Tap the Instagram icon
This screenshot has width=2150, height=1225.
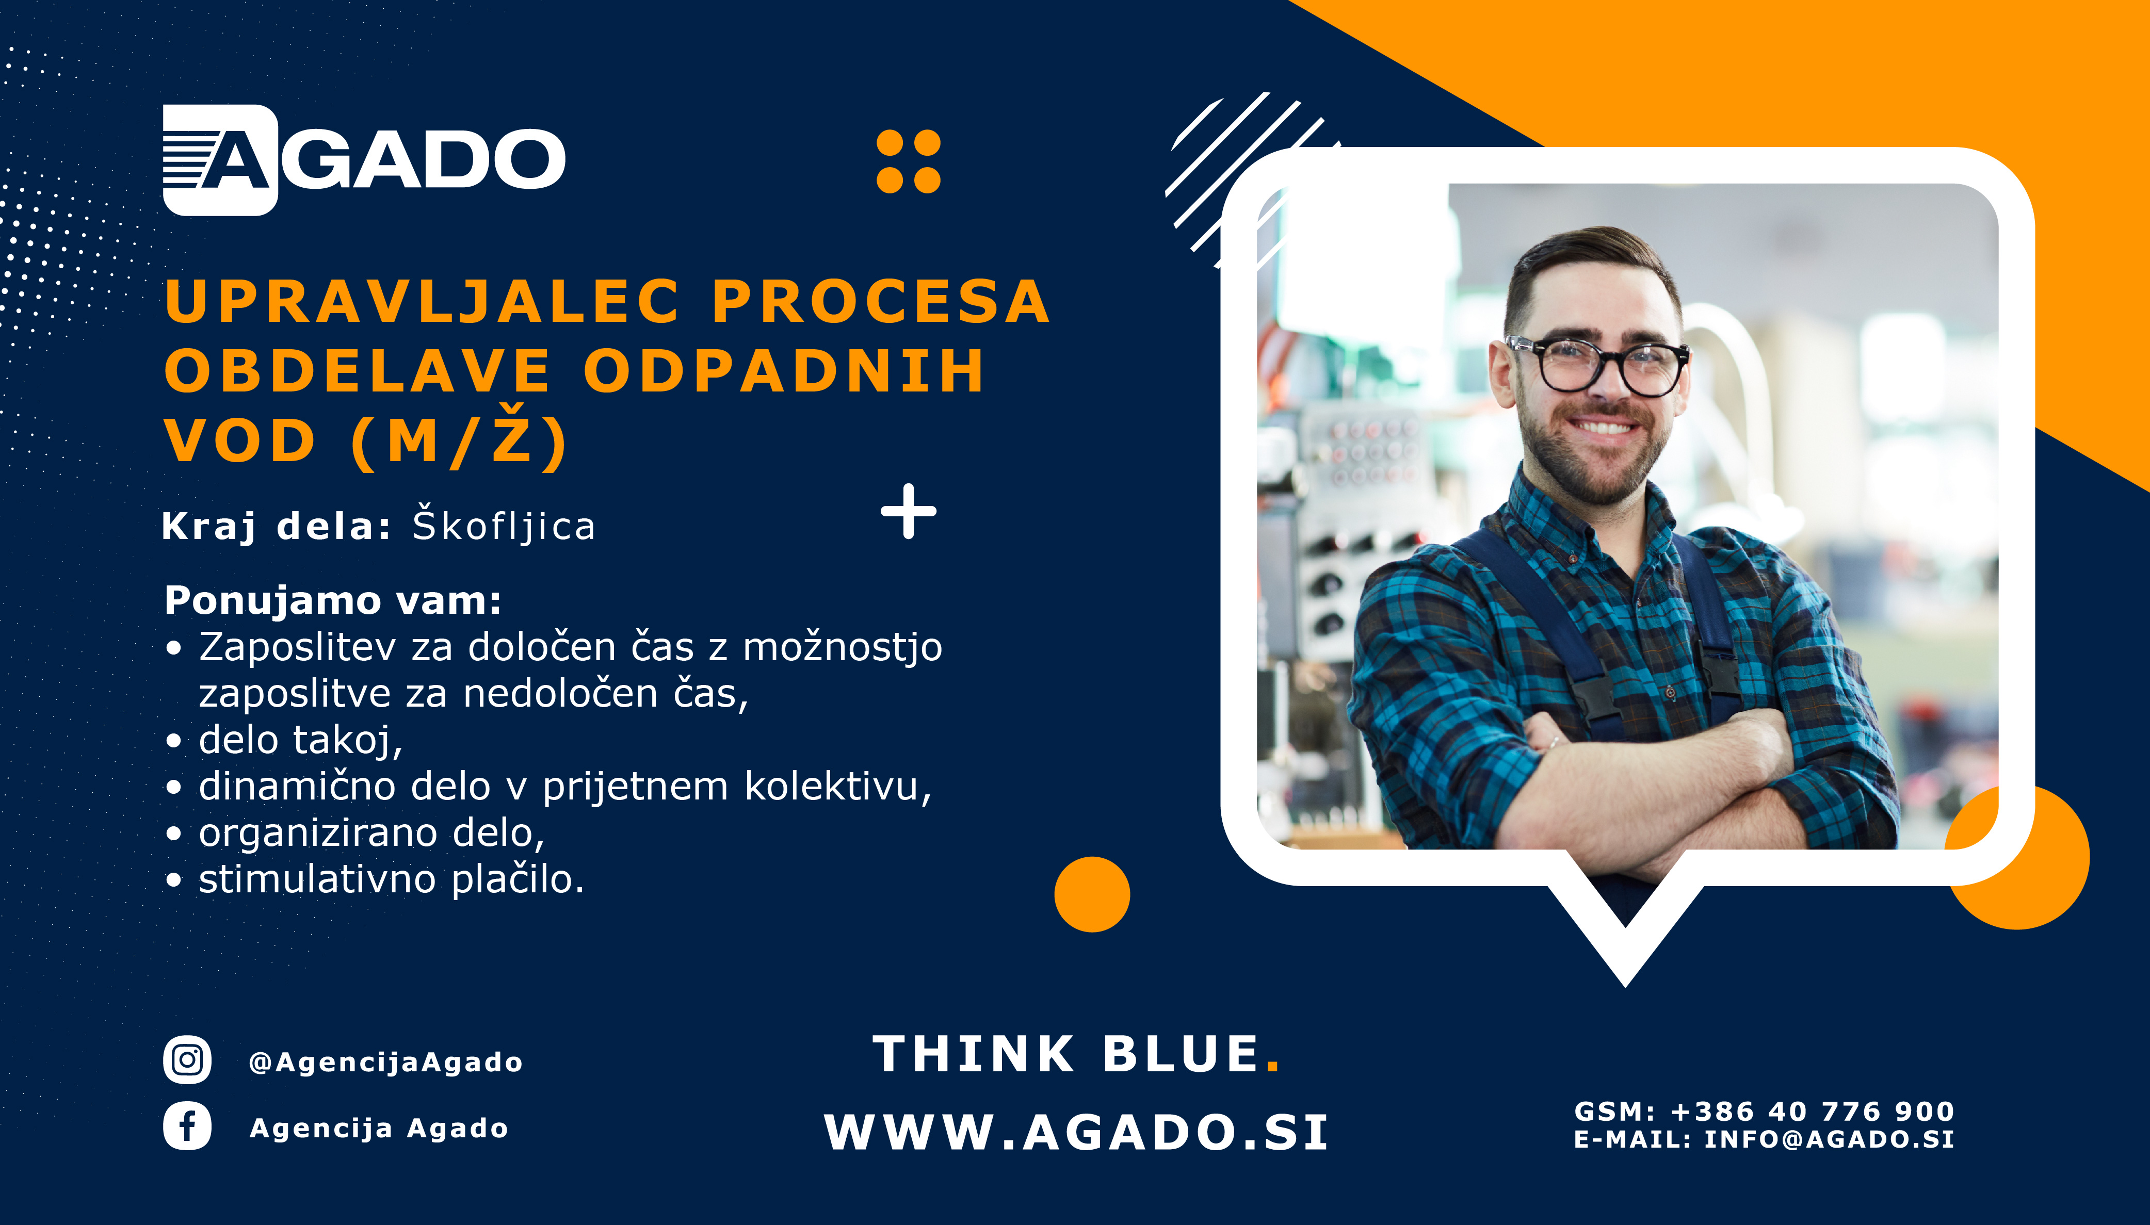pyautogui.click(x=187, y=1059)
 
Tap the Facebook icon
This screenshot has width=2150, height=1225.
pyautogui.click(x=187, y=1126)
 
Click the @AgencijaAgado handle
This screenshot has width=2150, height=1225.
pyautogui.click(x=385, y=1062)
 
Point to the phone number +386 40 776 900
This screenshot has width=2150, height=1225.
pyautogui.click(x=1812, y=1112)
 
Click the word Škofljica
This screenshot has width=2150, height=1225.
pyautogui.click(x=503, y=525)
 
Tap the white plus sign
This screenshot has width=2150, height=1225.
pyautogui.click(x=908, y=511)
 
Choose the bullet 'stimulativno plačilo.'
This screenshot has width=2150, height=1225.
pyautogui.click(x=391, y=879)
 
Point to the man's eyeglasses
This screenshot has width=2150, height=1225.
pyautogui.click(x=1596, y=365)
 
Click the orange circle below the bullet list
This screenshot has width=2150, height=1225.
pyautogui.click(x=1091, y=894)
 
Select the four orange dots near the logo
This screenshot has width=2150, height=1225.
pyautogui.click(x=908, y=161)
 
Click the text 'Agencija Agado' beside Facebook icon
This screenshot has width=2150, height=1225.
pyautogui.click(x=379, y=1128)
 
